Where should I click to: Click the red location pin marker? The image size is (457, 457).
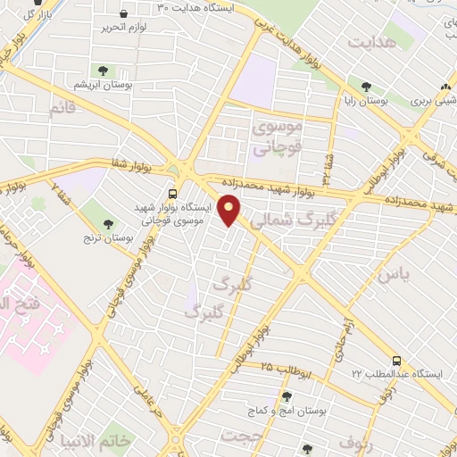click(229, 210)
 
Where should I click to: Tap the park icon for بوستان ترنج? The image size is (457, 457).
click(110, 222)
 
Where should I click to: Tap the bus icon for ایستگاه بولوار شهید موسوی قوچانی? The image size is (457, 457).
click(172, 193)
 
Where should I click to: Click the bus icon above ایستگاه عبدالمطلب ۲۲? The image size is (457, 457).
click(409, 361)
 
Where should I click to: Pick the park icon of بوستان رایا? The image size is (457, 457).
click(366, 87)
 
